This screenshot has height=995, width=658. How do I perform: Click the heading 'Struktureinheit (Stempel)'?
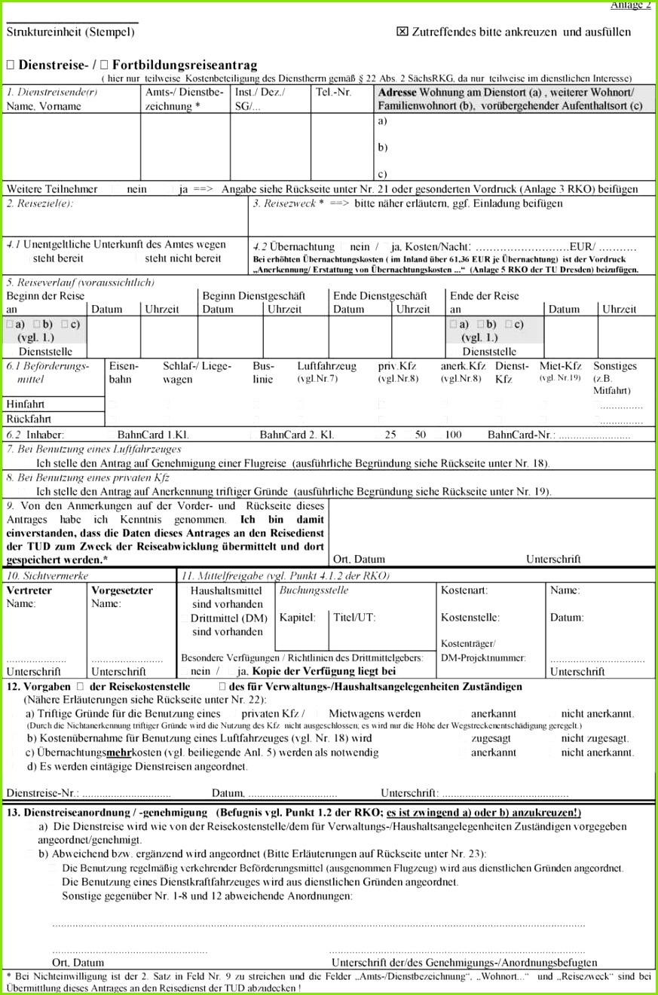[x=71, y=32]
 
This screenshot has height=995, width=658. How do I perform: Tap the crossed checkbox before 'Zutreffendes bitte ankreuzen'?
[x=402, y=32]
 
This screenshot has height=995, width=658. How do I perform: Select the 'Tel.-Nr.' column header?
[x=333, y=93]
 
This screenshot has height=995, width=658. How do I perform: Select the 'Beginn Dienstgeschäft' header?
[x=252, y=296]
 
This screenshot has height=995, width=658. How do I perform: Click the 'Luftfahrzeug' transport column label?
[x=321, y=366]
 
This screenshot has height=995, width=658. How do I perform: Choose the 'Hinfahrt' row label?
[x=25, y=404]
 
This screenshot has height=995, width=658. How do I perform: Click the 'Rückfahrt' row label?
[x=29, y=419]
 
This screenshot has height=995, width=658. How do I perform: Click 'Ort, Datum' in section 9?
[x=359, y=560]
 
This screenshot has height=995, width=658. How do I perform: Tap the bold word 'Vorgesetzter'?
[x=121, y=591]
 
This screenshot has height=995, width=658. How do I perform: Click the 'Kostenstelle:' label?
[x=470, y=618]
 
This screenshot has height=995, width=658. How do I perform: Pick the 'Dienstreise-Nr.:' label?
[x=42, y=793]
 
